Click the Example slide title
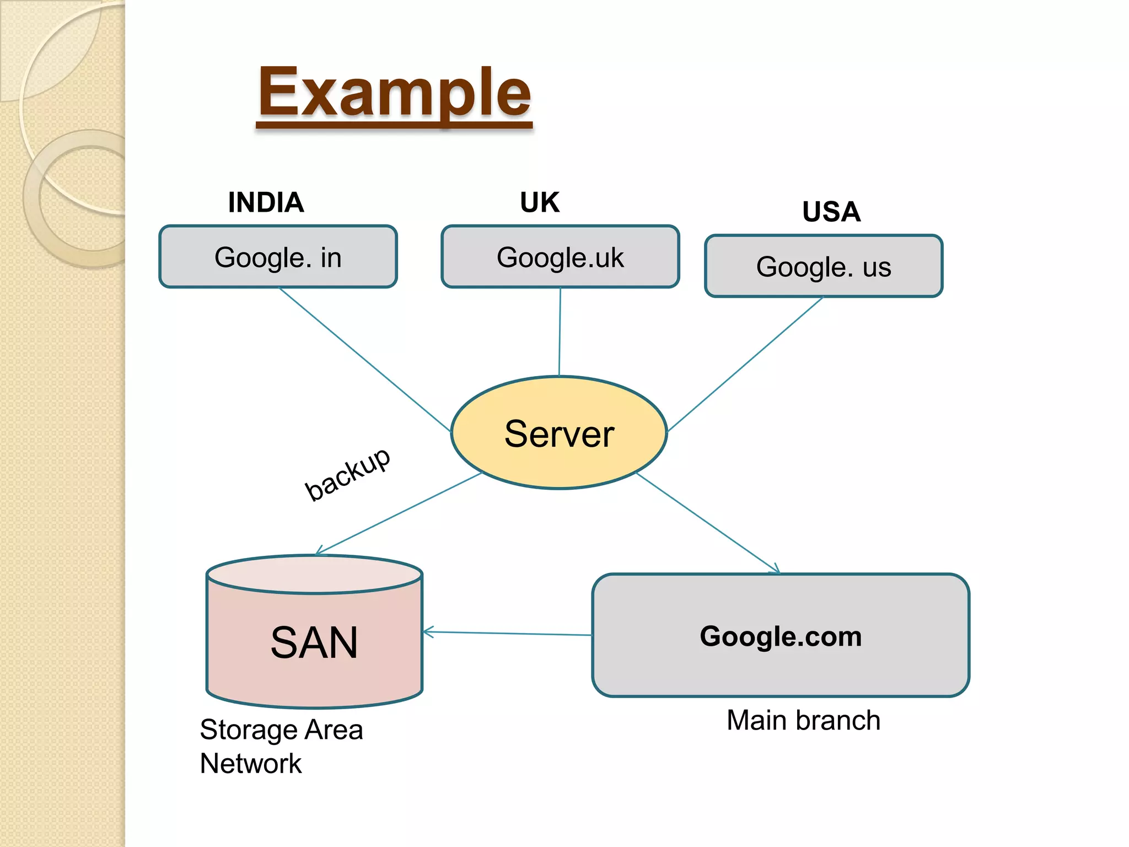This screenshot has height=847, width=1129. coord(394,93)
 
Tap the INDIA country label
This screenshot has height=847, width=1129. coord(266,202)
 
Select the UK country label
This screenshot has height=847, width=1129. coord(540,202)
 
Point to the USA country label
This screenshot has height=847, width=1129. coord(831,212)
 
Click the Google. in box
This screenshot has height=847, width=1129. coord(278,257)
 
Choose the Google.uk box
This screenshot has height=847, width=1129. coord(560,257)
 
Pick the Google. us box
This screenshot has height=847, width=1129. coord(824,266)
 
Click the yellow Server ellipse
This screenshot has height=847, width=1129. coord(559,433)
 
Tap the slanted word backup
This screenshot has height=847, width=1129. coord(348,474)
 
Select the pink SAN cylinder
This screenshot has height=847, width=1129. coord(314,642)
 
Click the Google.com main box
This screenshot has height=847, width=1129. coord(780,636)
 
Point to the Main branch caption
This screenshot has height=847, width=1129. coord(803,720)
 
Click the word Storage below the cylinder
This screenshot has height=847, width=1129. coord(250,730)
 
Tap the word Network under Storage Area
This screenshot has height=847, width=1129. coord(251,764)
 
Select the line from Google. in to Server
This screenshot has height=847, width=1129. coord(364,358)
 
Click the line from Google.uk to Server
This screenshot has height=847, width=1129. coord(560,331)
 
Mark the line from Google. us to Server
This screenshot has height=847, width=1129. coord(744,364)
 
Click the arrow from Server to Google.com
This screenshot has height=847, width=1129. coord(708,523)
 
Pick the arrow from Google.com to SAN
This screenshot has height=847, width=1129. coord(507,634)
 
